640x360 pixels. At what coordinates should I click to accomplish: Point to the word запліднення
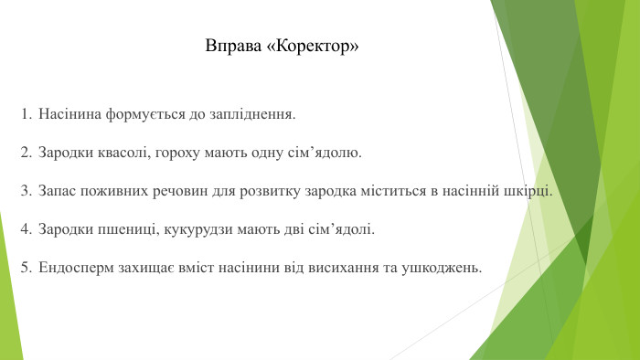click(254, 116)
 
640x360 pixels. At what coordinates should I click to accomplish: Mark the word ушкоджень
click(443, 268)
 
